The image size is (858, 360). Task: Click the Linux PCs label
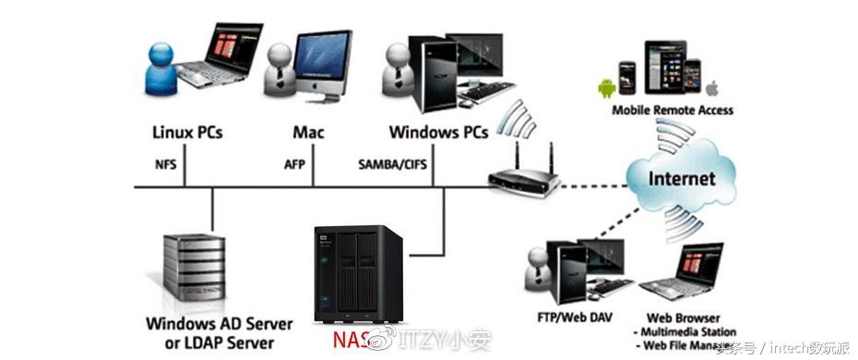(187, 132)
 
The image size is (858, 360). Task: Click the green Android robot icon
(606, 90)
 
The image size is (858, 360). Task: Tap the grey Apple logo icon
(712, 89)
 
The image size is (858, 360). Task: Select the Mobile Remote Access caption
(673, 110)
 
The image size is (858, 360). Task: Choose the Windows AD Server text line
(219, 324)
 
